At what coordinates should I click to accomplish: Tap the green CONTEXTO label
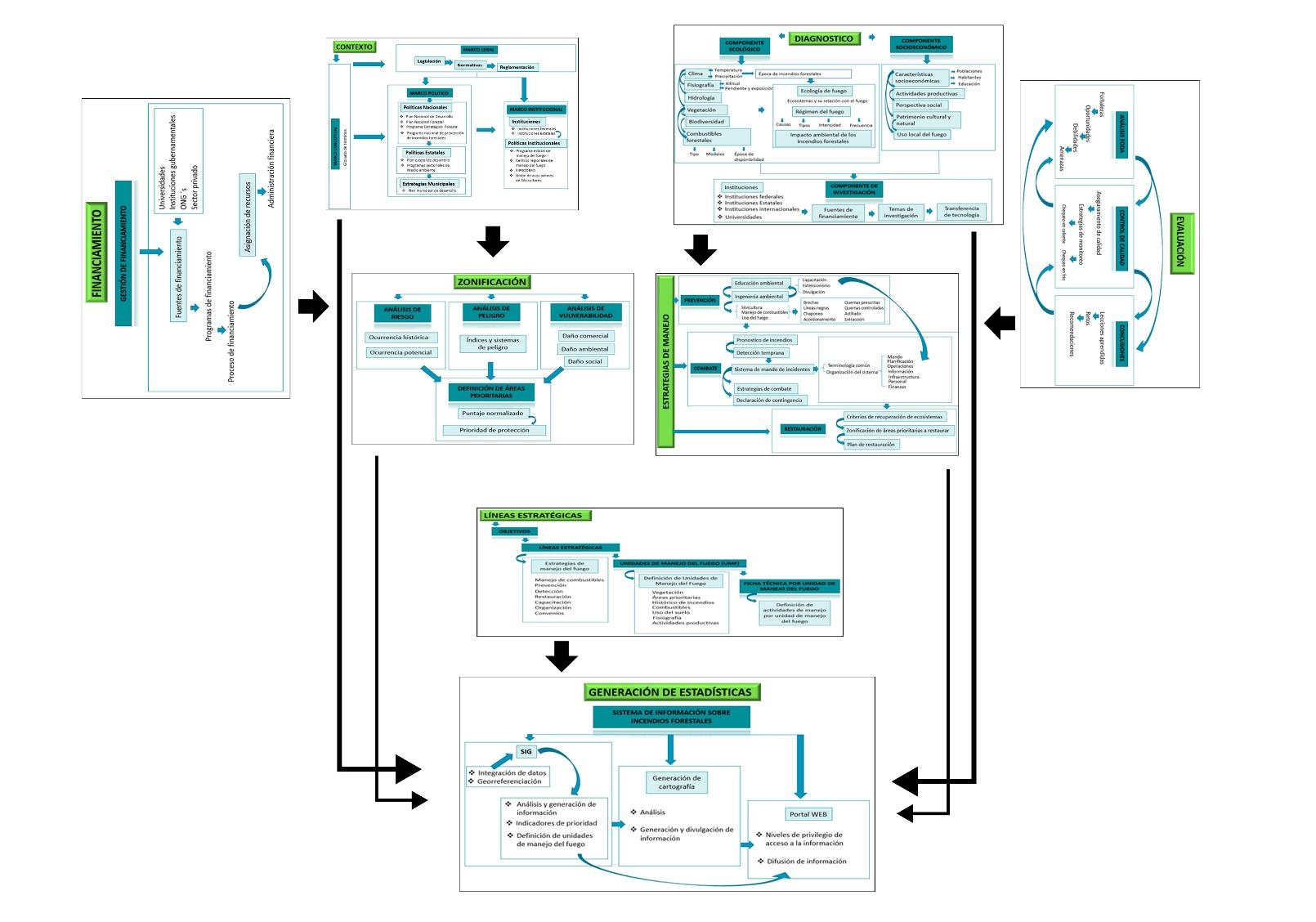[354, 47]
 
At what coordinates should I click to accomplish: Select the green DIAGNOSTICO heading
[823, 38]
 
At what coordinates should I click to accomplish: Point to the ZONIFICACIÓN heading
[492, 282]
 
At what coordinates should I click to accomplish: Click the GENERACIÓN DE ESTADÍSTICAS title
[669, 692]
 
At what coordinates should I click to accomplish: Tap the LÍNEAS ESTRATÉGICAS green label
[533, 516]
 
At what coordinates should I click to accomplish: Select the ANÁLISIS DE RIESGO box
[402, 313]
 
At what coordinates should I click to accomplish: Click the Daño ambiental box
[584, 349]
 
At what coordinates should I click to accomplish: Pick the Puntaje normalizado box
[492, 414]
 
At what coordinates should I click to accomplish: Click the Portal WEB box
[808, 814]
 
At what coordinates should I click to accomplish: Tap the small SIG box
[526, 752]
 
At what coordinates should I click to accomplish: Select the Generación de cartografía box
[677, 782]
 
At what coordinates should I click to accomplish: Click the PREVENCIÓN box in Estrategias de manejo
[700, 301]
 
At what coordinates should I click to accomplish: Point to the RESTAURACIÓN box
[802, 429]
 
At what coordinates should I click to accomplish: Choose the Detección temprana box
[759, 353]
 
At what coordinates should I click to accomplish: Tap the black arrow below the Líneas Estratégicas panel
[561, 656]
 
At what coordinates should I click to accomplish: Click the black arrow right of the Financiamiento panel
[312, 308]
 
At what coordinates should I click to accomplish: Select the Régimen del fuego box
[819, 112]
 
